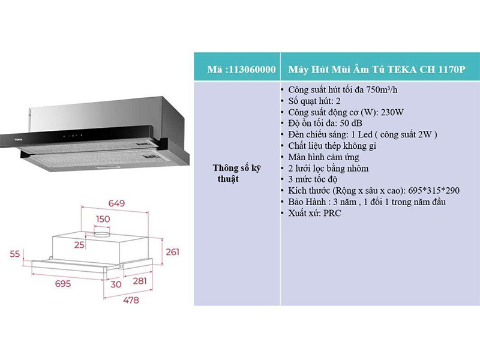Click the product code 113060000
point(252,70)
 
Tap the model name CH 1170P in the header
point(443,70)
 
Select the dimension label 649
point(116,203)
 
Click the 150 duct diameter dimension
point(103,219)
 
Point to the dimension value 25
point(79,245)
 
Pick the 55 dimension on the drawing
point(14,254)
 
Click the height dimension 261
point(172,252)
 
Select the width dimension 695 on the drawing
point(63,284)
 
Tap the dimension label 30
point(116,284)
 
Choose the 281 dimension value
point(140,281)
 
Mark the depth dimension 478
point(131,301)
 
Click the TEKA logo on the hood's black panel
point(19,140)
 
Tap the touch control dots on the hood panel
point(73,136)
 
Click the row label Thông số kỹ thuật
point(236,173)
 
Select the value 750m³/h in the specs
point(382,89)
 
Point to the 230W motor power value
point(392,112)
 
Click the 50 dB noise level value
point(351,124)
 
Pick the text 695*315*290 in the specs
point(434,190)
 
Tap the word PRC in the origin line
point(332,213)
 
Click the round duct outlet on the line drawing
point(102,235)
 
